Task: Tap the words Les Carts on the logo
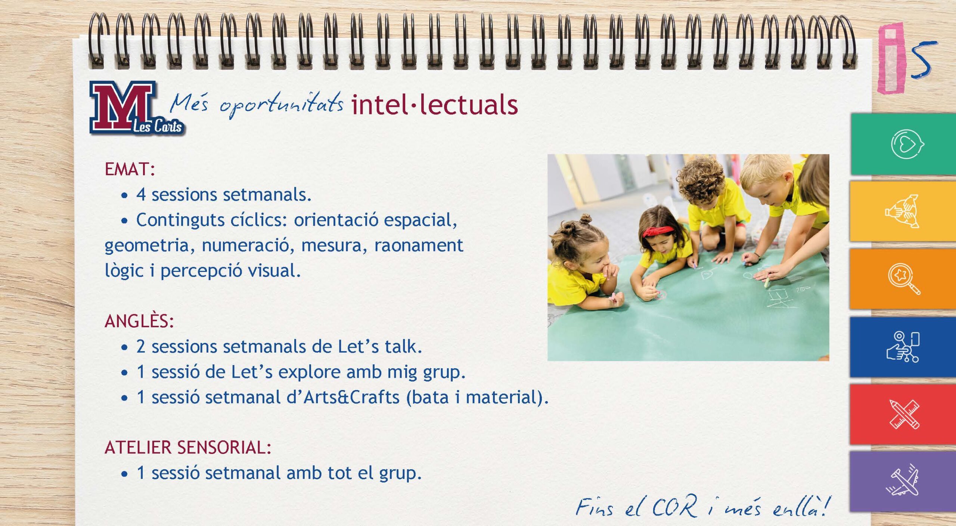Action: pos(158,126)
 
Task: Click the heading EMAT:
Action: pos(130,169)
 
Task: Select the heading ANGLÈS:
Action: pos(139,321)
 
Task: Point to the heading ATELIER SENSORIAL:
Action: pos(188,447)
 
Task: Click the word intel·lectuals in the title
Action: pos(435,104)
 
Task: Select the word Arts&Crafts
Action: pos(351,397)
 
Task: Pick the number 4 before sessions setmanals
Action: pos(141,195)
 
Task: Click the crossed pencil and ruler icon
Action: pos(904,414)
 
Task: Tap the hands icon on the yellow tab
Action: pos(902,211)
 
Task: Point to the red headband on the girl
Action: pos(658,231)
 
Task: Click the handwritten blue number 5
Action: pos(923,60)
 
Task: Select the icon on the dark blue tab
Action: pos(903,347)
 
